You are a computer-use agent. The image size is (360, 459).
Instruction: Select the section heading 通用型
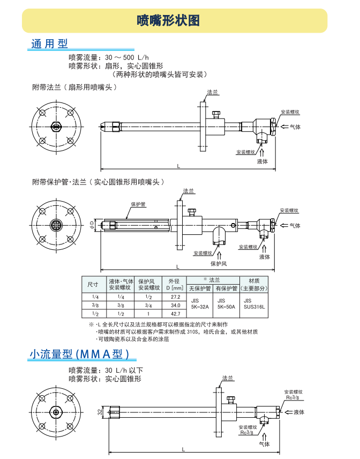pos(50,44)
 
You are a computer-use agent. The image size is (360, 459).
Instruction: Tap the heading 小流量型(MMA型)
pos(79,354)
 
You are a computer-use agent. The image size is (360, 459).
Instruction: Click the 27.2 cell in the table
pos(175,297)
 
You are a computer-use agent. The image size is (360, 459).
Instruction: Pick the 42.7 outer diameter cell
pos(175,314)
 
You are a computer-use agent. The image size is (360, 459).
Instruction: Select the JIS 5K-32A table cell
pos(199,305)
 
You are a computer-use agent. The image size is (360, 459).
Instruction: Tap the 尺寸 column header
pos(94,284)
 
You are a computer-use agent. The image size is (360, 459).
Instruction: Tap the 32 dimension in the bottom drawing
pos(100,412)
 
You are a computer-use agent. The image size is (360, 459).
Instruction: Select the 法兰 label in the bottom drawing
pos(228,379)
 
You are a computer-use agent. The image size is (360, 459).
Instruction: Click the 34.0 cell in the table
pos(175,305)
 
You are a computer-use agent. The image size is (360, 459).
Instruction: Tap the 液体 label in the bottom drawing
pos(298,412)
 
